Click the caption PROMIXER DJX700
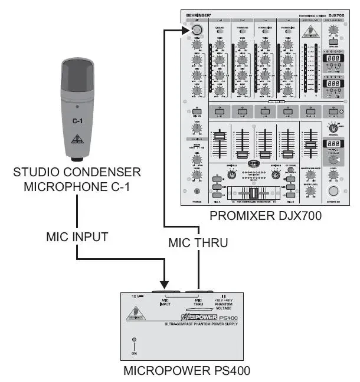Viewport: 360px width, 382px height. pos(265,216)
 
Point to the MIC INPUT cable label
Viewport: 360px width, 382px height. pos(78,237)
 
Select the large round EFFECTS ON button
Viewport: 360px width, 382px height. pos(335,191)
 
